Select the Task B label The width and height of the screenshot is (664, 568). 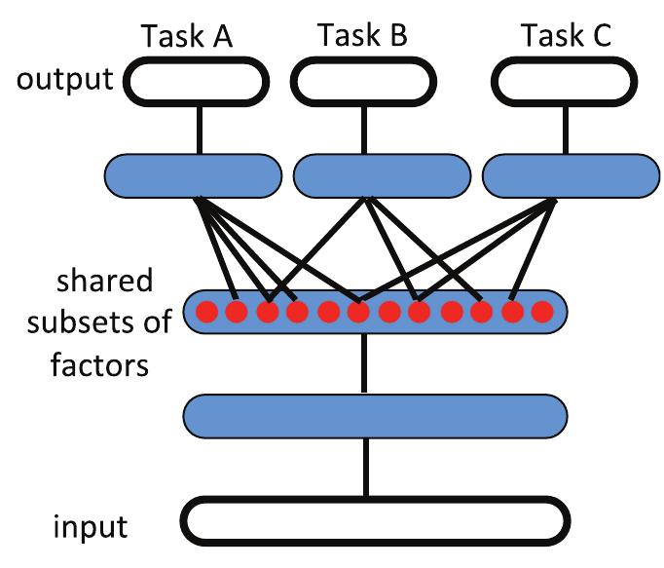coord(362,35)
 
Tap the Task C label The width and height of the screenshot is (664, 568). coord(566,36)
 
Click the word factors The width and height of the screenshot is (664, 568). coord(101,365)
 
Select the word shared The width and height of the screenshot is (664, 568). coord(104,282)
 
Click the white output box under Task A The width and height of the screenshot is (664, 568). coord(198,82)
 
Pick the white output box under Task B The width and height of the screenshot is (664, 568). coord(366,82)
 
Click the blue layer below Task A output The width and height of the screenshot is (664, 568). coord(193,175)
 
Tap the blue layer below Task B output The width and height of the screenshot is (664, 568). coord(382,175)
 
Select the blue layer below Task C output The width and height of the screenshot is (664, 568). coord(568,175)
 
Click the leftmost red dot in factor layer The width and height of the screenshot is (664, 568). coord(206,313)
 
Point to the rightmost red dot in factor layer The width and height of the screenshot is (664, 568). coord(542,313)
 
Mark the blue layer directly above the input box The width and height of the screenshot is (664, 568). coord(375,416)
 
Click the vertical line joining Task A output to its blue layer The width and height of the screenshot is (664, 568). coord(199,128)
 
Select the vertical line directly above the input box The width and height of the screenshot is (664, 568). coord(366,468)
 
